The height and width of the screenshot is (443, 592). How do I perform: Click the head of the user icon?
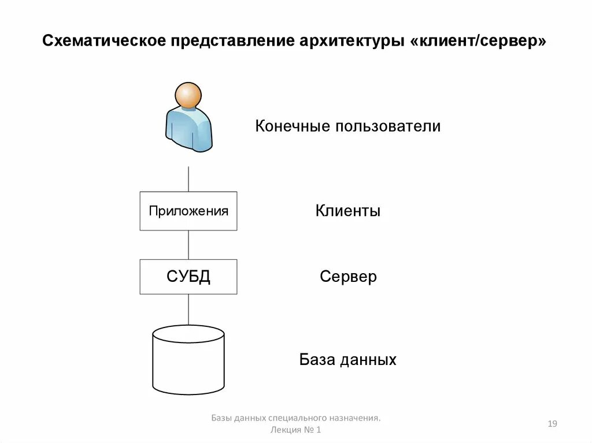[x=188, y=95]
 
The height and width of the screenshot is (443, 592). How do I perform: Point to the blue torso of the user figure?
[x=188, y=129]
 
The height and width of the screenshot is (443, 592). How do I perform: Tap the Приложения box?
[x=188, y=211]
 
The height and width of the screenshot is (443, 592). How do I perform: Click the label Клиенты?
[x=347, y=211]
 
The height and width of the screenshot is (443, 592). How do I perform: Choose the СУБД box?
[x=188, y=277]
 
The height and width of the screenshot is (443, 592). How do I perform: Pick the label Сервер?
[x=348, y=277]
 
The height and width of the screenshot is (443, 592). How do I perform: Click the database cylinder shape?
[x=188, y=361]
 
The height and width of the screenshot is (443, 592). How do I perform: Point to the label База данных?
[x=347, y=360]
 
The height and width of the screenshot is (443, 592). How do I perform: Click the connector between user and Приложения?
[x=188, y=178]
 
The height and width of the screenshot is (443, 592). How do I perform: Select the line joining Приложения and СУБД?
[x=188, y=245]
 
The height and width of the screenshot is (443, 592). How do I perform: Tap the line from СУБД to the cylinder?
[x=188, y=310]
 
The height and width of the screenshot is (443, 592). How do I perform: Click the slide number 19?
[x=552, y=424]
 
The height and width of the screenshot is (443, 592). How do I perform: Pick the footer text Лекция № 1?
[x=295, y=430]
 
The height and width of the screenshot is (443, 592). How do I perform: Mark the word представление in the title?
[x=233, y=42]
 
